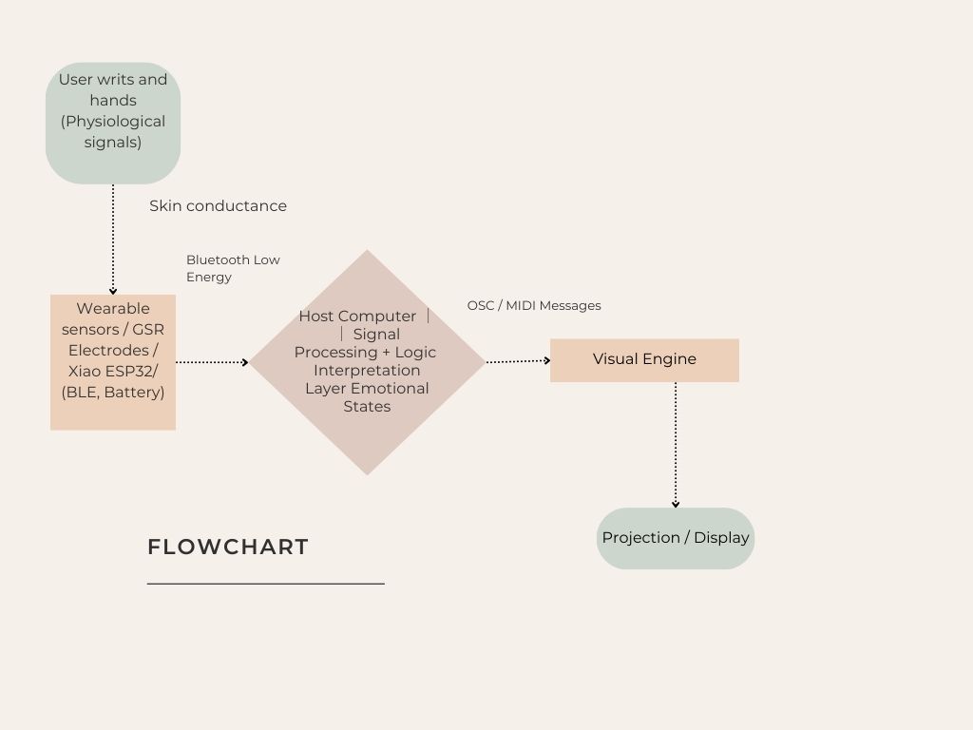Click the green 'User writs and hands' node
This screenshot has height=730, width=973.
coord(113,123)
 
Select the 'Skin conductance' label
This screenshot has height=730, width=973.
coord(218,206)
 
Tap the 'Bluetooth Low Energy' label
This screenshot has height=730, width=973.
coord(233,268)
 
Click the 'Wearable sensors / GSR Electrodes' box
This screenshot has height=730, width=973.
coord(113,362)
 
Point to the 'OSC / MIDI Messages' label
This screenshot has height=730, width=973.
coord(534,306)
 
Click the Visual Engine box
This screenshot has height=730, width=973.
coord(644,360)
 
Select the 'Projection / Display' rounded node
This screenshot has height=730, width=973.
coord(676,538)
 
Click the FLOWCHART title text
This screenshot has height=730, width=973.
coord(228,547)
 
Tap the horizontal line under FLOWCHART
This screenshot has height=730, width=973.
coord(266,584)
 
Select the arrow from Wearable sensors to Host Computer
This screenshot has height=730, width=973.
coord(212,362)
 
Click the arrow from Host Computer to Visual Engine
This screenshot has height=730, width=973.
coord(518,361)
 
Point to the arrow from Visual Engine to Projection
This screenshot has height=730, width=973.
coord(676,445)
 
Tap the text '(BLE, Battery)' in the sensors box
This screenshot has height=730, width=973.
coord(113,393)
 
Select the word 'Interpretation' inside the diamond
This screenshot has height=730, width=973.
coord(367,371)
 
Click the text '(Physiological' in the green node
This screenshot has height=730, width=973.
coord(113,122)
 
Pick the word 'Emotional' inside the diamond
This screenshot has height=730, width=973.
coord(390,389)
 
